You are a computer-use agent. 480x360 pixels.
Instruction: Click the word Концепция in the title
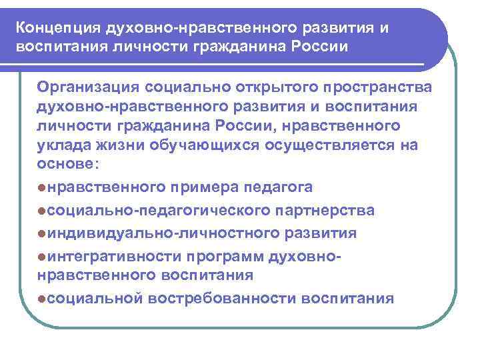(x=58, y=29)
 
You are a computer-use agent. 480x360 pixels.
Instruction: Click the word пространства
(x=378, y=88)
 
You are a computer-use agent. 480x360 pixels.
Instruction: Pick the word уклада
(x=62, y=146)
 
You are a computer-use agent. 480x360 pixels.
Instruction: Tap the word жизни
(x=118, y=146)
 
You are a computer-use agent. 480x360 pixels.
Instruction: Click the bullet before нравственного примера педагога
(x=42, y=187)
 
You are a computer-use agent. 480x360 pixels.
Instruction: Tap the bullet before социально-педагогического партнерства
(x=42, y=211)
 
